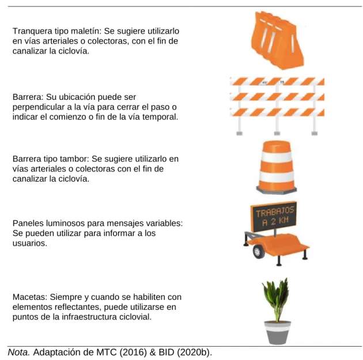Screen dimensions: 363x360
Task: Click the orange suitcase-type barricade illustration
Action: pyautogui.click(x=277, y=40)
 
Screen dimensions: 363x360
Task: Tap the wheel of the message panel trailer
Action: pyautogui.click(x=258, y=252)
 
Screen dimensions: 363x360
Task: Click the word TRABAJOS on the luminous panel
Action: pyautogui.click(x=275, y=212)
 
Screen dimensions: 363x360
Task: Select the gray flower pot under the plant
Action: pyautogui.click(x=278, y=332)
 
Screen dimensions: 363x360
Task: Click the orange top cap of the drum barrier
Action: pyautogui.click(x=277, y=147)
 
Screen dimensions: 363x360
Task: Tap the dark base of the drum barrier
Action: pyautogui.click(x=277, y=190)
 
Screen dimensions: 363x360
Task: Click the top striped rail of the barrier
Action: pyautogui.click(x=277, y=81)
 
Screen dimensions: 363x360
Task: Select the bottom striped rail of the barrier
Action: pyautogui.click(x=277, y=112)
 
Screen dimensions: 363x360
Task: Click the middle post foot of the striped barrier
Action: pyautogui.click(x=277, y=133)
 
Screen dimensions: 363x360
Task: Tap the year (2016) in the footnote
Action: pyautogui.click(x=133, y=352)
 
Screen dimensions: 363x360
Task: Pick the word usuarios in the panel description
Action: pyautogui.click(x=29, y=243)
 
